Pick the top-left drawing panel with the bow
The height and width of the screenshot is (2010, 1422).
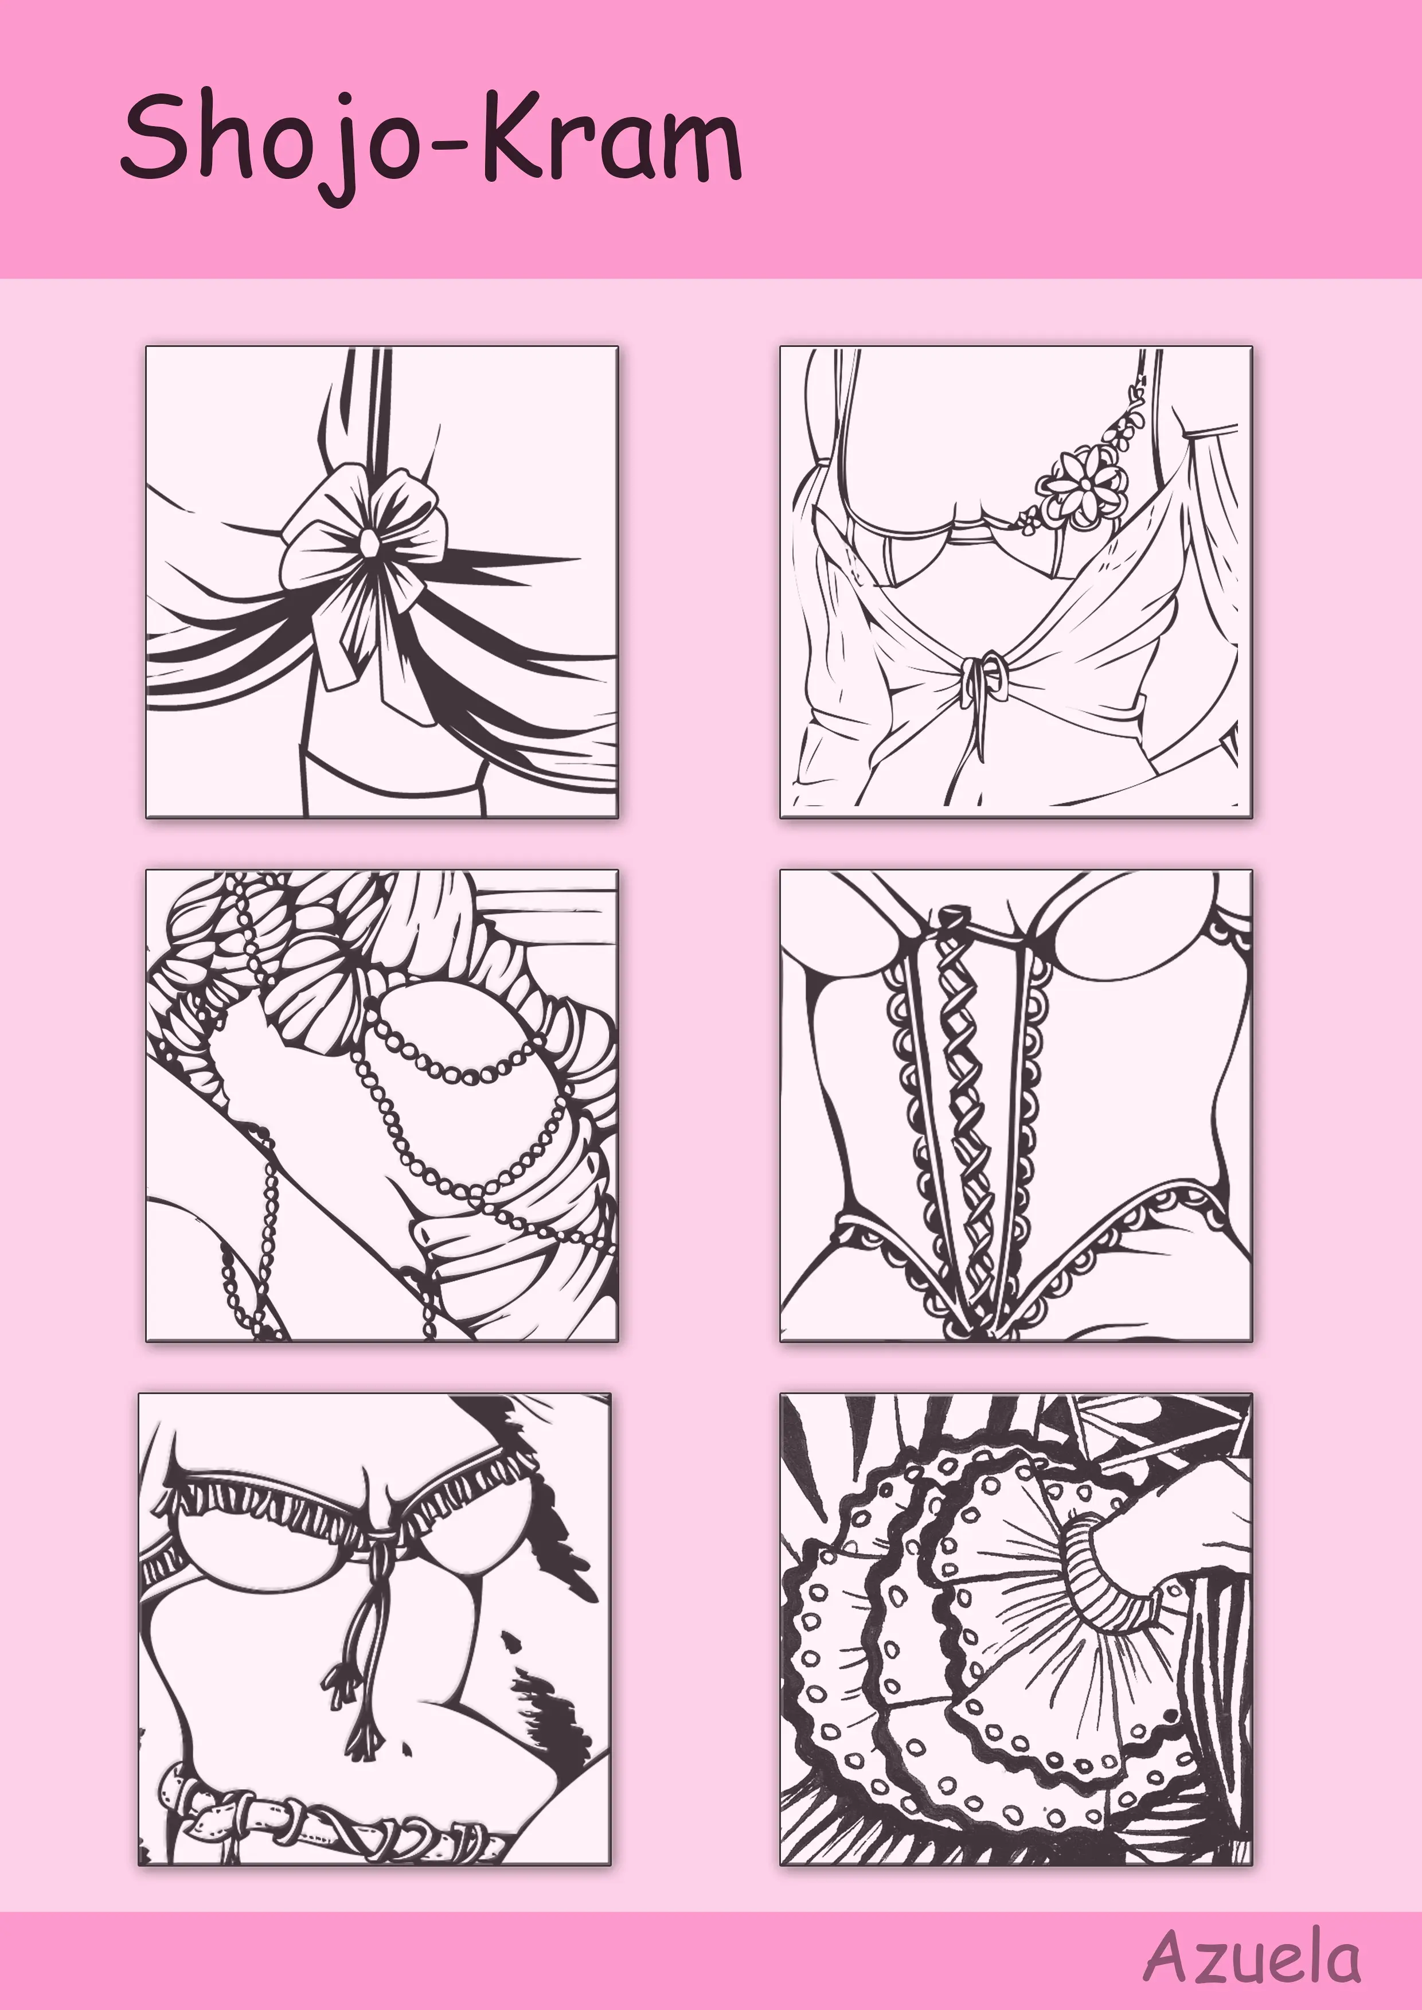(382, 583)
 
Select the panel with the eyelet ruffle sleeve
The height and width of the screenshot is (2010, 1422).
(1015, 1630)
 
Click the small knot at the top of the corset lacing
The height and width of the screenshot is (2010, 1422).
(947, 919)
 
